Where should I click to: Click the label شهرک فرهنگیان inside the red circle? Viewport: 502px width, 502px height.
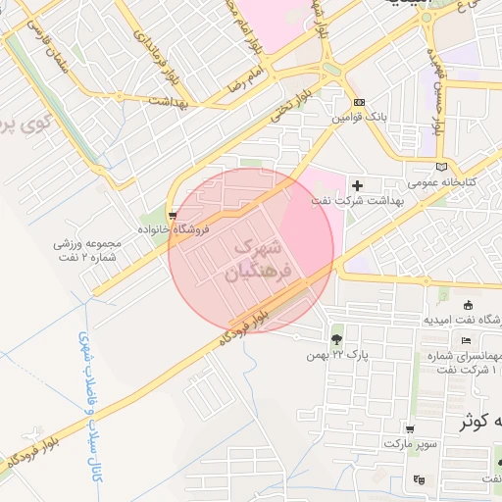[262, 259]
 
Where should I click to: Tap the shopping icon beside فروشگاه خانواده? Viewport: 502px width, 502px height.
[174, 214]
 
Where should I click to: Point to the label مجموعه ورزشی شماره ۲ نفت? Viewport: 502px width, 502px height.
[87, 250]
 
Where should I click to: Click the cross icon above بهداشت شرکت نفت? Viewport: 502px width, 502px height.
[357, 184]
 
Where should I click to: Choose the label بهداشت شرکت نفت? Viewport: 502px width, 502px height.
[358, 200]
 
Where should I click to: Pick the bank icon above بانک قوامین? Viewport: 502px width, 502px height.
[359, 101]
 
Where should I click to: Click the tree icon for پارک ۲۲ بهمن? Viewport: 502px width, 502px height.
[337, 338]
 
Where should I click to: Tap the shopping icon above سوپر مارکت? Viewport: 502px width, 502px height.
[409, 429]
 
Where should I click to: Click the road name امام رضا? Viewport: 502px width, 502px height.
[244, 79]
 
